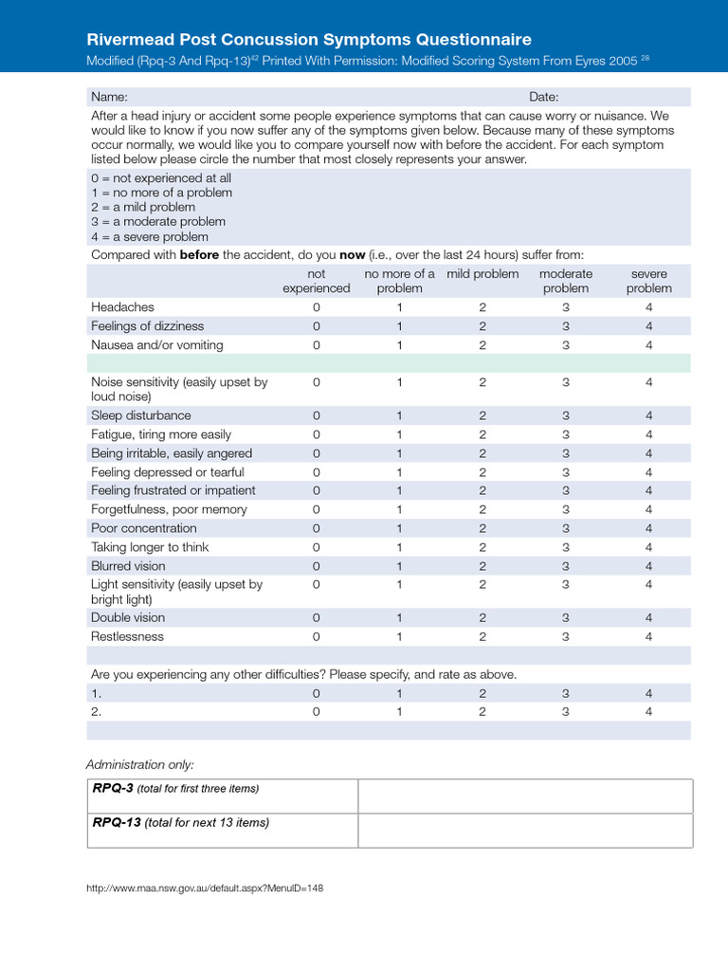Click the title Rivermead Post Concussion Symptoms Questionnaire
point(309,39)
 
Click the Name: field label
point(109,97)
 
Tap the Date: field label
point(543,97)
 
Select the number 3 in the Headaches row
point(566,307)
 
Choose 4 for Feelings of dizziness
point(649,326)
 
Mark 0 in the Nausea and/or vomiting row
point(317,345)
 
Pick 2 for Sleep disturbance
point(482,415)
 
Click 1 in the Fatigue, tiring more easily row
point(399,434)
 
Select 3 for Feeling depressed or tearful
point(566,472)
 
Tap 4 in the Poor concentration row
point(649,528)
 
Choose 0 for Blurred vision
point(317,566)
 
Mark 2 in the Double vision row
point(482,617)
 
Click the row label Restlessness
point(127,636)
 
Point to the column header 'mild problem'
point(482,274)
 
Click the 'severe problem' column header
point(649,281)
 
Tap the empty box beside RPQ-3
point(524,796)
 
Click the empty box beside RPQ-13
point(524,830)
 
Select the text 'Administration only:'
point(139,764)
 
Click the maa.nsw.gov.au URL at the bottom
point(205,889)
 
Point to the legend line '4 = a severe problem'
point(150,237)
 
